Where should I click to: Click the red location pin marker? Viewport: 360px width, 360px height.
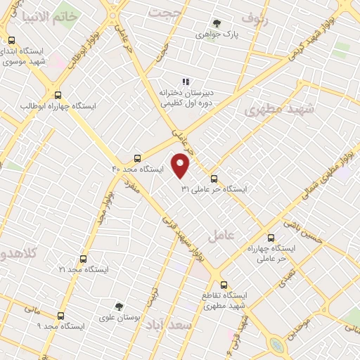pyautogui.click(x=181, y=166)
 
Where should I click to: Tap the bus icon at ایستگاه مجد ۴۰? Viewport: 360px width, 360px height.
pyautogui.click(x=138, y=158)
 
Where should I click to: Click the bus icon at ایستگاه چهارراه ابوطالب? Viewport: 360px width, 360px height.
pyautogui.click(x=58, y=96)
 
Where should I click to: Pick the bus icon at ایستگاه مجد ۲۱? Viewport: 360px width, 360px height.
pyautogui.click(x=84, y=259)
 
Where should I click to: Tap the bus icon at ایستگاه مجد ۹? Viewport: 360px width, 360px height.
pyautogui.click(x=60, y=316)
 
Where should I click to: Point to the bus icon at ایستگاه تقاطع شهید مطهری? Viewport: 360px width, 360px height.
pyautogui.click(x=224, y=285)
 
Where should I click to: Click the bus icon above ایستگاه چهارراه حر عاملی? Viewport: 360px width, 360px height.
pyautogui.click(x=271, y=238)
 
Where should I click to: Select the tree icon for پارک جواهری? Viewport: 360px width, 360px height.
pyautogui.click(x=216, y=23)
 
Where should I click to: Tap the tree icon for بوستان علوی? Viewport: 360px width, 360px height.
pyautogui.click(x=119, y=306)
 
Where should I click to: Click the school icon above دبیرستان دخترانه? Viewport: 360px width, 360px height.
pyautogui.click(x=186, y=82)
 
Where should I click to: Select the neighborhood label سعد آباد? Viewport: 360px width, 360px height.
pyautogui.click(x=191, y=327)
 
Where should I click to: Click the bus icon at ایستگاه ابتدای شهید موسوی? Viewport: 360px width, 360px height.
pyautogui.click(x=11, y=41)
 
